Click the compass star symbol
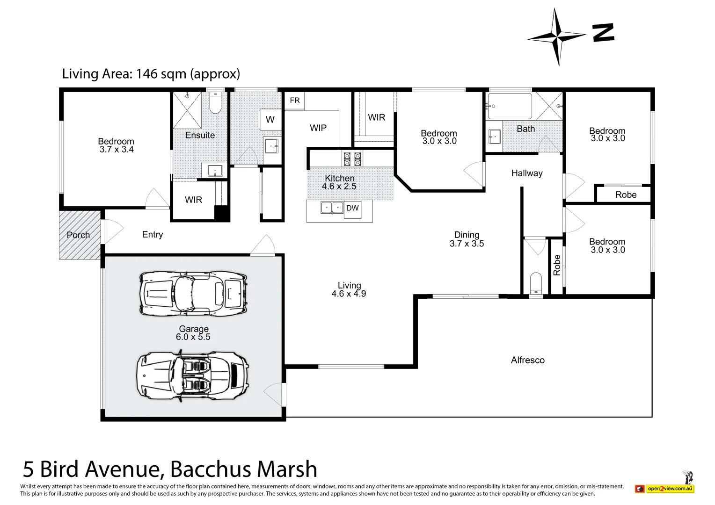(557, 36)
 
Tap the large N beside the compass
(603, 33)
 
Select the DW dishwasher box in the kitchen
(352, 208)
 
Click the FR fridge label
(295, 101)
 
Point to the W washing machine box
(270, 120)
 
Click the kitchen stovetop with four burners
(352, 159)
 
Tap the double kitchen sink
(332, 207)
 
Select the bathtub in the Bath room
(510, 106)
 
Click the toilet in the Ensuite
(215, 103)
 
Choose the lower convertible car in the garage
(193, 375)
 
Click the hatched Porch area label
(78, 235)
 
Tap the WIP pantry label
(318, 128)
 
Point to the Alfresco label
(527, 360)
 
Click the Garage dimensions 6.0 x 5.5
(193, 337)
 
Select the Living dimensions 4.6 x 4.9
(349, 294)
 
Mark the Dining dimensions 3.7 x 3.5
(467, 244)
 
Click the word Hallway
(527, 173)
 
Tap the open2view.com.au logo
(669, 489)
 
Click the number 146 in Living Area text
(147, 74)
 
